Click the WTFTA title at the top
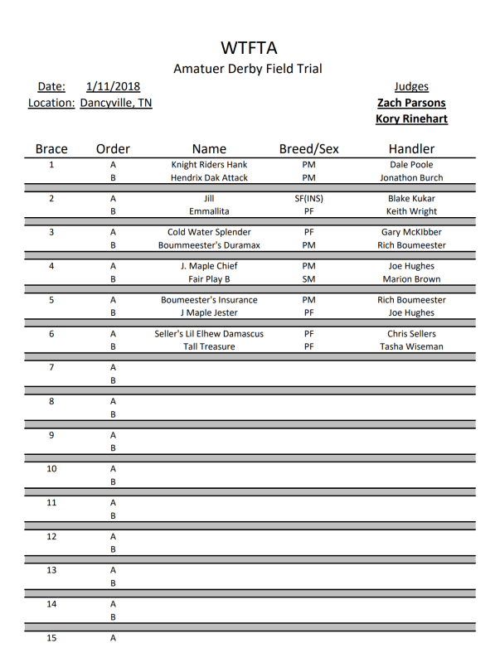point(249,47)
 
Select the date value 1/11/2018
point(113,86)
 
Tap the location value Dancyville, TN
point(116,103)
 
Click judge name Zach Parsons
point(411,103)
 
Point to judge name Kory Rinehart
point(411,118)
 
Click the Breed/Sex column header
point(308,149)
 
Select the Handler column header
point(411,149)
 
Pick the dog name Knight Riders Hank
point(209,165)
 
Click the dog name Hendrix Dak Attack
point(209,177)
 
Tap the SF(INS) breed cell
point(308,199)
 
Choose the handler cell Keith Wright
point(411,211)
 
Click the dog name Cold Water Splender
point(209,233)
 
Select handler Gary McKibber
point(411,233)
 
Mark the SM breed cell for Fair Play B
point(308,279)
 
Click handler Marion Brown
point(411,279)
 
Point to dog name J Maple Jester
point(209,313)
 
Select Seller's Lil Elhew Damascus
point(209,334)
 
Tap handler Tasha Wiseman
point(411,346)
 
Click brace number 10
point(51,469)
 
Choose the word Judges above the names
point(411,86)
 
